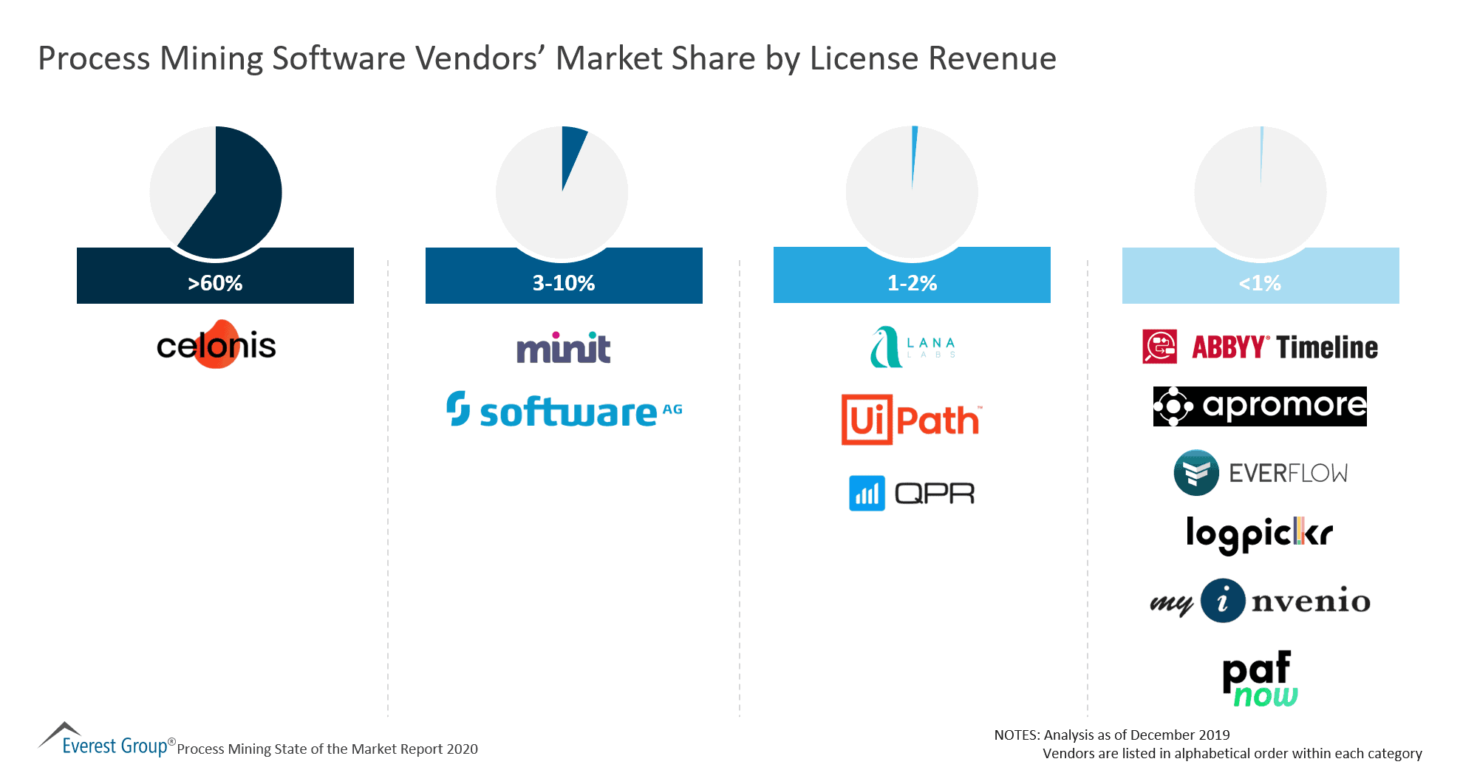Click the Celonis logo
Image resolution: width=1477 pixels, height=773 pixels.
(x=216, y=345)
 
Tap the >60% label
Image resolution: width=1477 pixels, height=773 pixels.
(x=215, y=283)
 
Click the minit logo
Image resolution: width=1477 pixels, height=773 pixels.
(x=564, y=348)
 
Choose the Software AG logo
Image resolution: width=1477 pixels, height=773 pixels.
(x=564, y=410)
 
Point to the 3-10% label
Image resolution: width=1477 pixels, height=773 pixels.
(x=564, y=283)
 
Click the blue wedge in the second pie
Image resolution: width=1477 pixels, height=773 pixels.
(x=572, y=151)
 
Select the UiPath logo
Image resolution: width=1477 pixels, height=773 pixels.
(x=911, y=420)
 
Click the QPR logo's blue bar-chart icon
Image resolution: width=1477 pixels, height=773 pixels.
(x=867, y=493)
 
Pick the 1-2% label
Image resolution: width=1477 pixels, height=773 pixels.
(x=912, y=283)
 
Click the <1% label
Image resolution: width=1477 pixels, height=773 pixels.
(x=1260, y=283)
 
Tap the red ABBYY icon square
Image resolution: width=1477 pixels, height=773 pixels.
(x=1159, y=347)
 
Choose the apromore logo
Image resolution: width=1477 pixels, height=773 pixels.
(x=1260, y=406)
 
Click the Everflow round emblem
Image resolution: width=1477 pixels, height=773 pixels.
(x=1195, y=472)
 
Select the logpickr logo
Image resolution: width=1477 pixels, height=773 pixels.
(x=1259, y=534)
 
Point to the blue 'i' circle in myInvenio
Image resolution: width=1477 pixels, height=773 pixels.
(x=1222, y=600)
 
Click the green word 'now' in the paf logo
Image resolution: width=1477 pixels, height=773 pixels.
(x=1265, y=696)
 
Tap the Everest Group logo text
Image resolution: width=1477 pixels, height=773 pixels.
(x=115, y=746)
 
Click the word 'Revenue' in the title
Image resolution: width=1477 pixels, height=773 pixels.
(x=992, y=58)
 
